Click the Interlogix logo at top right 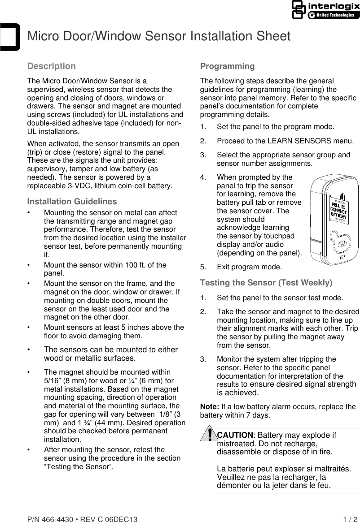click(x=325, y=10)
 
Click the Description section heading click(x=52, y=66)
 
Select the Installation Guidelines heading click(x=72, y=201)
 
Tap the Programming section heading click(x=227, y=66)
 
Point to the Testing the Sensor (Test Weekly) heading click(x=266, y=283)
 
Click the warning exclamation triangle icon click(x=209, y=435)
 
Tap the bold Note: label click(x=210, y=407)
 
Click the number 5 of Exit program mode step click(x=202, y=267)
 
